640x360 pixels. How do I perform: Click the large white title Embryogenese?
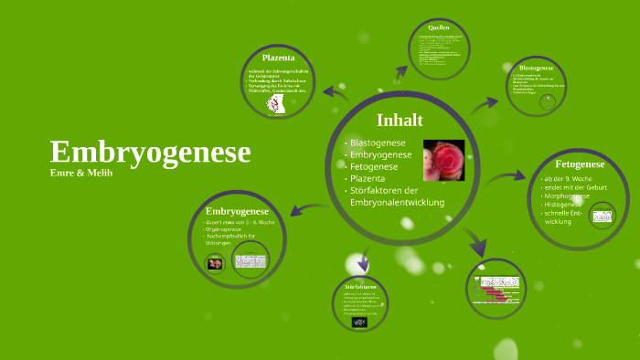150,152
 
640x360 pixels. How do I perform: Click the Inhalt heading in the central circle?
400,120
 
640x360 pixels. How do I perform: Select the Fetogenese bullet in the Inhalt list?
374,167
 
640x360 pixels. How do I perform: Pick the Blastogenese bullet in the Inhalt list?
378,143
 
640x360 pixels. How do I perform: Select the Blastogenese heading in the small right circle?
536,69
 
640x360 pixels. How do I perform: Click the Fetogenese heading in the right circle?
580,164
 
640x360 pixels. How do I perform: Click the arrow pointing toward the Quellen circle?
400,74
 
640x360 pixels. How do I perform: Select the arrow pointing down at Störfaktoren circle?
364,262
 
